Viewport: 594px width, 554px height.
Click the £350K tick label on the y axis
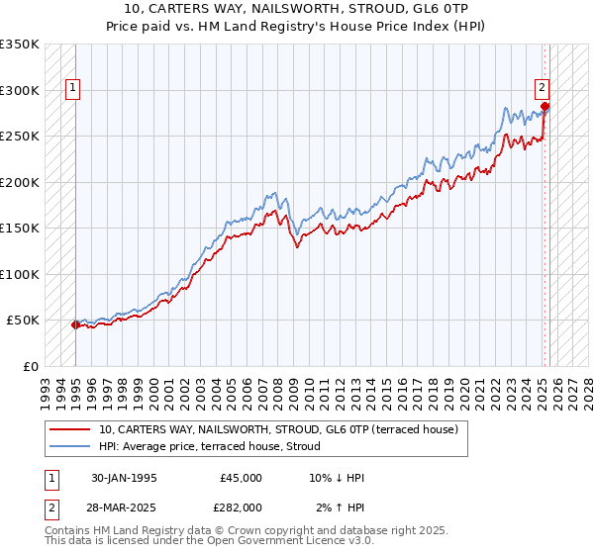click(20, 45)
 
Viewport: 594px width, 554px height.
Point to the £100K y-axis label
click(20, 274)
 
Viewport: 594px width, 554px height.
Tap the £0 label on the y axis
click(30, 366)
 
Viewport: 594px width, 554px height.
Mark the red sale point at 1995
click(75, 324)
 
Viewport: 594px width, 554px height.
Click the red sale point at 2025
click(545, 107)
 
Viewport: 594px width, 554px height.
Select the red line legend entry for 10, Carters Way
click(278, 430)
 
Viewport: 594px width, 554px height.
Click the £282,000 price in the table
click(241, 507)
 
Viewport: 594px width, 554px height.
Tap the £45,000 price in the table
click(241, 478)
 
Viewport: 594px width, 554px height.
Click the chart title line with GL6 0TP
click(297, 9)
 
